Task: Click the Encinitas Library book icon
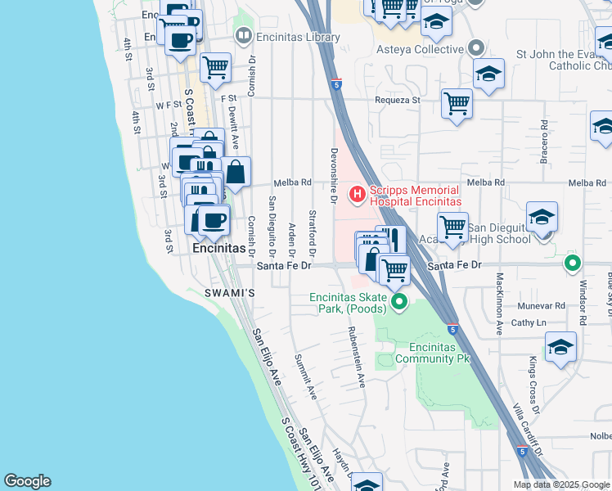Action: (x=243, y=36)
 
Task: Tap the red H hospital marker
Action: (x=357, y=194)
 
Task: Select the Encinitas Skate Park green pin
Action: (x=399, y=303)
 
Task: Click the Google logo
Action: (x=27, y=481)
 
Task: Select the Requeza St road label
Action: (x=397, y=100)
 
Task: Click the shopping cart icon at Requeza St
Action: (x=457, y=104)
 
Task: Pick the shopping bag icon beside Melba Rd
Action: (x=236, y=173)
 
